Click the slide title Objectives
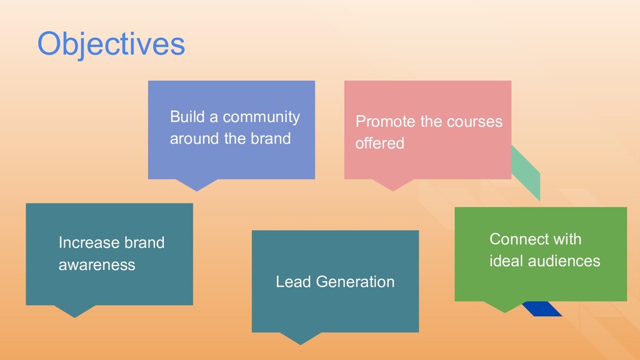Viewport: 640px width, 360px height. [x=111, y=44]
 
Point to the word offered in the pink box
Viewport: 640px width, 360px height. [x=379, y=143]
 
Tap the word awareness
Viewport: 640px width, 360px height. [x=96, y=265]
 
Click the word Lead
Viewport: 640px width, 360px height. [x=293, y=282]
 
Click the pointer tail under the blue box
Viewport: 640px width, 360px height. [x=196, y=184]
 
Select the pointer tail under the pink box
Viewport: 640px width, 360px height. [x=392, y=184]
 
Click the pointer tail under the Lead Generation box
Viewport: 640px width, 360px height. [x=301, y=337]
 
